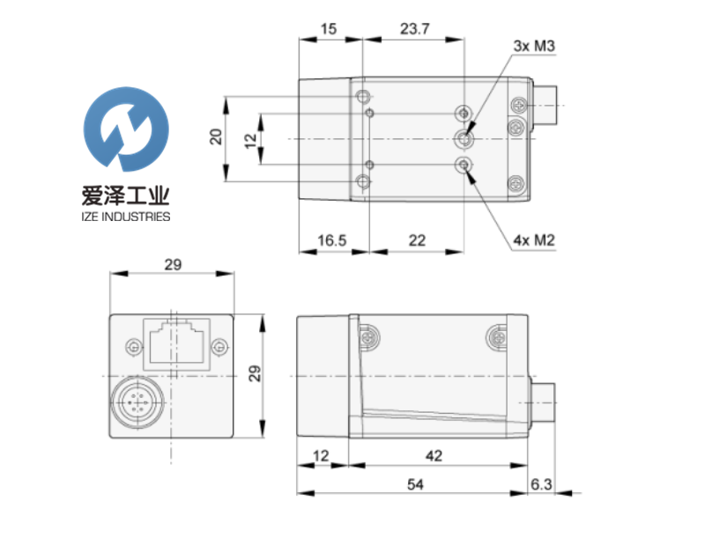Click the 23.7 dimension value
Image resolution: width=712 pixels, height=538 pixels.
coord(413,28)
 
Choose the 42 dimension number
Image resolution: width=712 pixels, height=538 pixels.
coord(433,455)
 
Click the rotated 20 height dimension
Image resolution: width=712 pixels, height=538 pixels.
coord(214,136)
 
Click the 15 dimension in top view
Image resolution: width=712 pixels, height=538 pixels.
coord(329,28)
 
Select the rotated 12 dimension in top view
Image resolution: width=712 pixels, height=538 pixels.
coord(250,139)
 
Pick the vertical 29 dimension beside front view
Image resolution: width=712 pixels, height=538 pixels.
coord(256,373)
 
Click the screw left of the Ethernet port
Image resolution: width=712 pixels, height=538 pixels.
coord(133,345)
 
